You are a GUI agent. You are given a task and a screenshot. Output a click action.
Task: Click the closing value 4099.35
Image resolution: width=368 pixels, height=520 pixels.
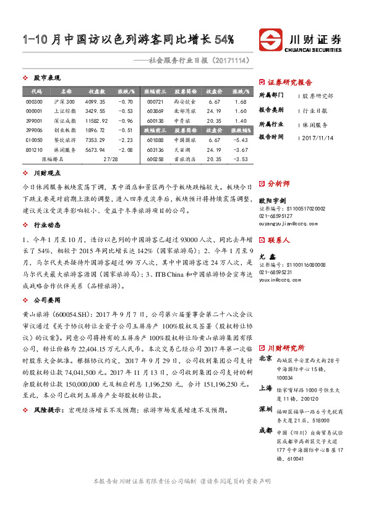tap(96, 101)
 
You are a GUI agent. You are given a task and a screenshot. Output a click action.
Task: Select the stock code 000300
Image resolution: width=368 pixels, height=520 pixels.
tap(35, 101)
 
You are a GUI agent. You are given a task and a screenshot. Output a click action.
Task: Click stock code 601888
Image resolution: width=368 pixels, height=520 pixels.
tap(155, 140)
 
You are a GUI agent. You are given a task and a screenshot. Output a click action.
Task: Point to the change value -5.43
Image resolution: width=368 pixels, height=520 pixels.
tap(241, 140)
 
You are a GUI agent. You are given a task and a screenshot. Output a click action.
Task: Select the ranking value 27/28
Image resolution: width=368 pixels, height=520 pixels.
tap(111, 159)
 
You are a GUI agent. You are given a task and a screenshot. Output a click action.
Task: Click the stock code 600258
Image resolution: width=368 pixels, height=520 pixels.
tap(155, 159)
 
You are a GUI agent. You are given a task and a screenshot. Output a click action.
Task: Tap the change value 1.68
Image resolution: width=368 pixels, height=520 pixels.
tap(241, 101)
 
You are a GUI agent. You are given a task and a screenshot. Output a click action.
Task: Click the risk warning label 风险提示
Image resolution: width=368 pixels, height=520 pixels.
tap(49, 409)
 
